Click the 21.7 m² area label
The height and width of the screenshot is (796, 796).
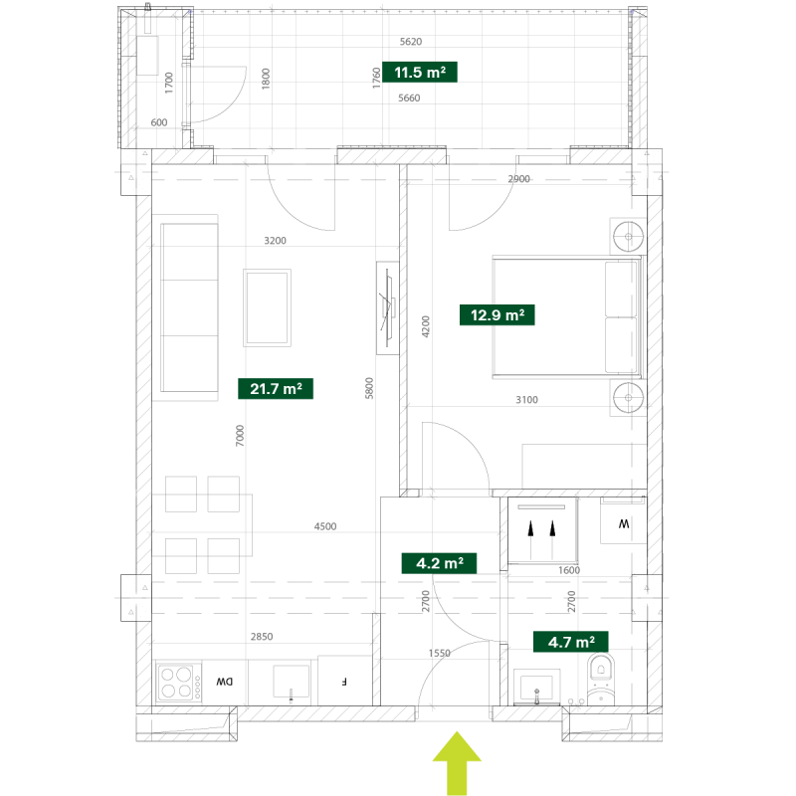pyautogui.click(x=276, y=389)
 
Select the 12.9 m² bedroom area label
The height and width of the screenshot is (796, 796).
pyautogui.click(x=497, y=314)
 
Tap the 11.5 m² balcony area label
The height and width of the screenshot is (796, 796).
pyautogui.click(x=420, y=72)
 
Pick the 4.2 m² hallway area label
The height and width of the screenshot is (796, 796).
pyautogui.click(x=439, y=563)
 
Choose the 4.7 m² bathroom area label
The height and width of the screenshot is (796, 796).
pyautogui.click(x=570, y=642)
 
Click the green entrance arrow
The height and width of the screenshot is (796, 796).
pyautogui.click(x=457, y=763)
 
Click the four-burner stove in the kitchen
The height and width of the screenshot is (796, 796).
pyautogui.click(x=178, y=683)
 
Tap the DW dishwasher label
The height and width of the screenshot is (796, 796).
pyautogui.click(x=225, y=682)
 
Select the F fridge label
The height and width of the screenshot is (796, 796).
pyautogui.click(x=344, y=682)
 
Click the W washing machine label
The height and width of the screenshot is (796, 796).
pyautogui.click(x=624, y=523)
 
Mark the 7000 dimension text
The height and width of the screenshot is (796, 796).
pyautogui.click(x=240, y=436)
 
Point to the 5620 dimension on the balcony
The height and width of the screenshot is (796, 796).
pyautogui.click(x=411, y=42)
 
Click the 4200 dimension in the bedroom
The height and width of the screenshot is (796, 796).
pyautogui.click(x=426, y=326)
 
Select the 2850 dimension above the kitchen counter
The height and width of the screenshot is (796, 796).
pyautogui.click(x=262, y=637)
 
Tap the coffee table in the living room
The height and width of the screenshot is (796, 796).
pyautogui.click(x=267, y=307)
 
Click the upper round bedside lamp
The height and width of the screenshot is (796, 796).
pyautogui.click(x=629, y=236)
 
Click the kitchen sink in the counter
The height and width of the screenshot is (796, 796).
pyautogui.click(x=291, y=683)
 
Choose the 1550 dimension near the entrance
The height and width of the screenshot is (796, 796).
pyautogui.click(x=439, y=653)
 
